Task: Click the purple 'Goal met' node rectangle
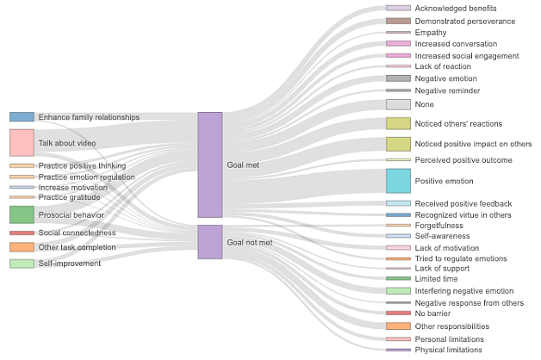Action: (210, 164)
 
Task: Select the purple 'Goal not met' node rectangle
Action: (210, 242)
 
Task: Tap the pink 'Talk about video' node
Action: (22, 143)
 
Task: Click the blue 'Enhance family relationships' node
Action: (22, 117)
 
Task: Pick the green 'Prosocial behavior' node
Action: (22, 214)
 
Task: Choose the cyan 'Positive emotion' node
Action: (399, 181)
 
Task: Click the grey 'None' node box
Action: (399, 104)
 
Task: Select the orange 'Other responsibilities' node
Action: (399, 326)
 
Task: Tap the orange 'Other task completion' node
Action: (22, 247)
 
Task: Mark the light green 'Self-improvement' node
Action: (22, 264)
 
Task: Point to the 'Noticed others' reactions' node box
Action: (399, 123)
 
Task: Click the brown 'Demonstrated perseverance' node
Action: (399, 21)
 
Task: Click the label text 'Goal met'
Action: (243, 165)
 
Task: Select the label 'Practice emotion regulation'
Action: (87, 177)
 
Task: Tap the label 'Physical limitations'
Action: (449, 350)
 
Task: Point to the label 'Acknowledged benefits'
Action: (456, 9)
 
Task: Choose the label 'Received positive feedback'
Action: (463, 204)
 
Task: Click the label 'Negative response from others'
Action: (469, 303)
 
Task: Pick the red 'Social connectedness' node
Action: (22, 233)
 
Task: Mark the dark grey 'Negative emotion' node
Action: (399, 78)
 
